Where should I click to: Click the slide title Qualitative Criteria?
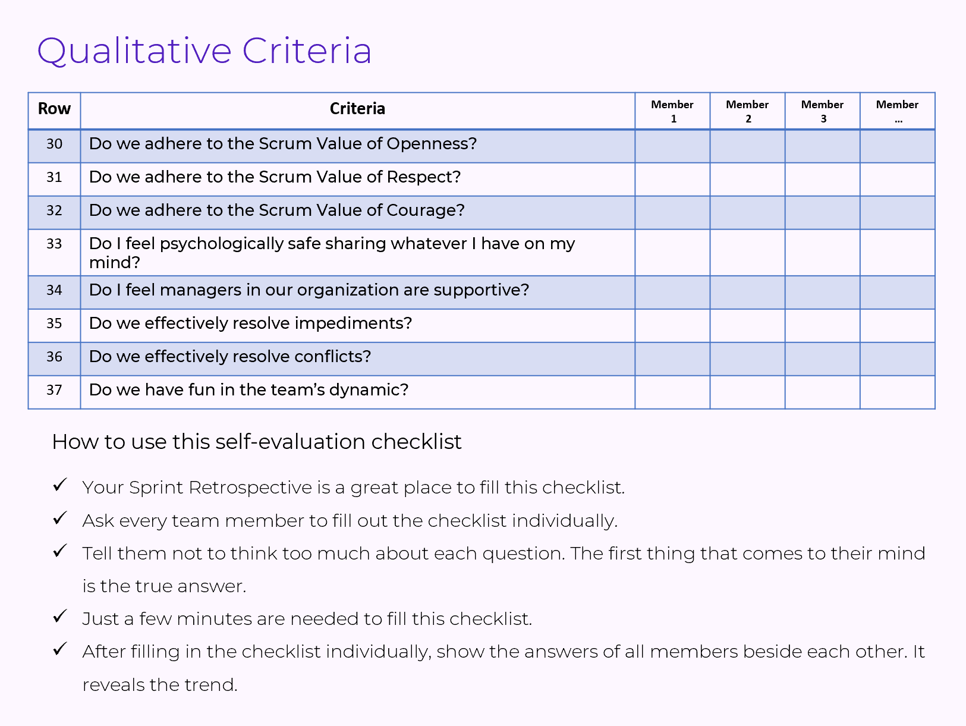coord(204,51)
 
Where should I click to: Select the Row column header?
coord(54,109)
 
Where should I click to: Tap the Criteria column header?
coord(357,109)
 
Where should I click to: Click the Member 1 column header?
coord(672,111)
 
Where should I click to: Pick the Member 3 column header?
coord(822,111)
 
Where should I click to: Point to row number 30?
coord(54,144)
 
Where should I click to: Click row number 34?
coord(54,290)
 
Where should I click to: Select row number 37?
coord(54,390)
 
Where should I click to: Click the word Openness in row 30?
coord(431,144)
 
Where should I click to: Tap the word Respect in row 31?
coord(423,177)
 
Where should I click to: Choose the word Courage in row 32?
coord(425,210)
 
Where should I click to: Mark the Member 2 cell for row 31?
coord(747,180)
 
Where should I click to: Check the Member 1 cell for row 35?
coord(672,326)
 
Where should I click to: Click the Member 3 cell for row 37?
coord(822,392)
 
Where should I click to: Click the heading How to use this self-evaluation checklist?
coord(257,442)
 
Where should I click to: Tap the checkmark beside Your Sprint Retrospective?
coord(60,485)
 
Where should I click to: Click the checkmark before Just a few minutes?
coord(60,617)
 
